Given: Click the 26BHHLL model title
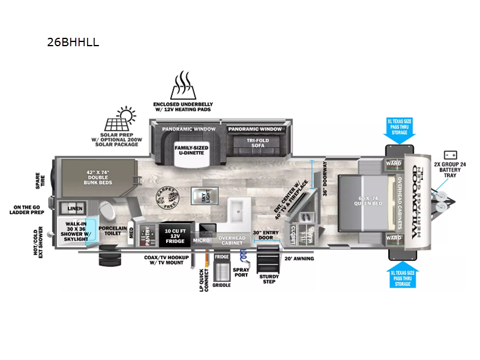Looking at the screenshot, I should (73, 43).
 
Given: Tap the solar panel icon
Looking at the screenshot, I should (119, 119).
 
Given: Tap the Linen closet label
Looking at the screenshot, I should (75, 208).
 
